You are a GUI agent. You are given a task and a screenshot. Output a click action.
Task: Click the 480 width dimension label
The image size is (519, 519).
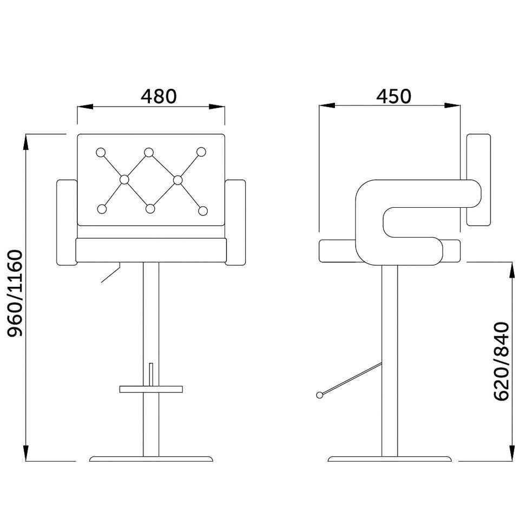[159, 96]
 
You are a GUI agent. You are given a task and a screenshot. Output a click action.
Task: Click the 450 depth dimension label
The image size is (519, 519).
[393, 96]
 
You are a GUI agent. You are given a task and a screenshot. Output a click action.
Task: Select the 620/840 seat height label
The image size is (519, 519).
[502, 361]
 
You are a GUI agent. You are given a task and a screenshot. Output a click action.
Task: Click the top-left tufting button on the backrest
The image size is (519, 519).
[101, 152]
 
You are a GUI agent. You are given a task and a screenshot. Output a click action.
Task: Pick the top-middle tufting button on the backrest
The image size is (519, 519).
[149, 152]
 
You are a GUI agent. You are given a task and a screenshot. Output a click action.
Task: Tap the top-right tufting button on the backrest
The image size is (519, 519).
[201, 152]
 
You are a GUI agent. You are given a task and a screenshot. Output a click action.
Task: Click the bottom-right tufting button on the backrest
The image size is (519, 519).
[203, 210]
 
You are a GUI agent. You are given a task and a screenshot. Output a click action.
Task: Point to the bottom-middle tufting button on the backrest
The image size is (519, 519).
[150, 208]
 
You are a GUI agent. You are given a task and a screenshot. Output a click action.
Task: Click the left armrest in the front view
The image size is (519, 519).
[67, 222]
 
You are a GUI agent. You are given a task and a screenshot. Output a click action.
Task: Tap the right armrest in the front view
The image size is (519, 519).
[235, 222]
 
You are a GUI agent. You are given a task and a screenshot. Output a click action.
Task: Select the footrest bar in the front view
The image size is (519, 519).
[151, 389]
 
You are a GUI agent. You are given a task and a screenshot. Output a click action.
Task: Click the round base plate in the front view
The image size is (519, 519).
[151, 459]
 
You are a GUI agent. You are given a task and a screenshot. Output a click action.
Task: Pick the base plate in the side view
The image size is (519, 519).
[390, 459]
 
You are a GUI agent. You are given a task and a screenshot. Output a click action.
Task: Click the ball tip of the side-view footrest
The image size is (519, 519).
[320, 395]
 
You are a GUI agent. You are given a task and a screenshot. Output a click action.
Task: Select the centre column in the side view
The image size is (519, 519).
[390, 357]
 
